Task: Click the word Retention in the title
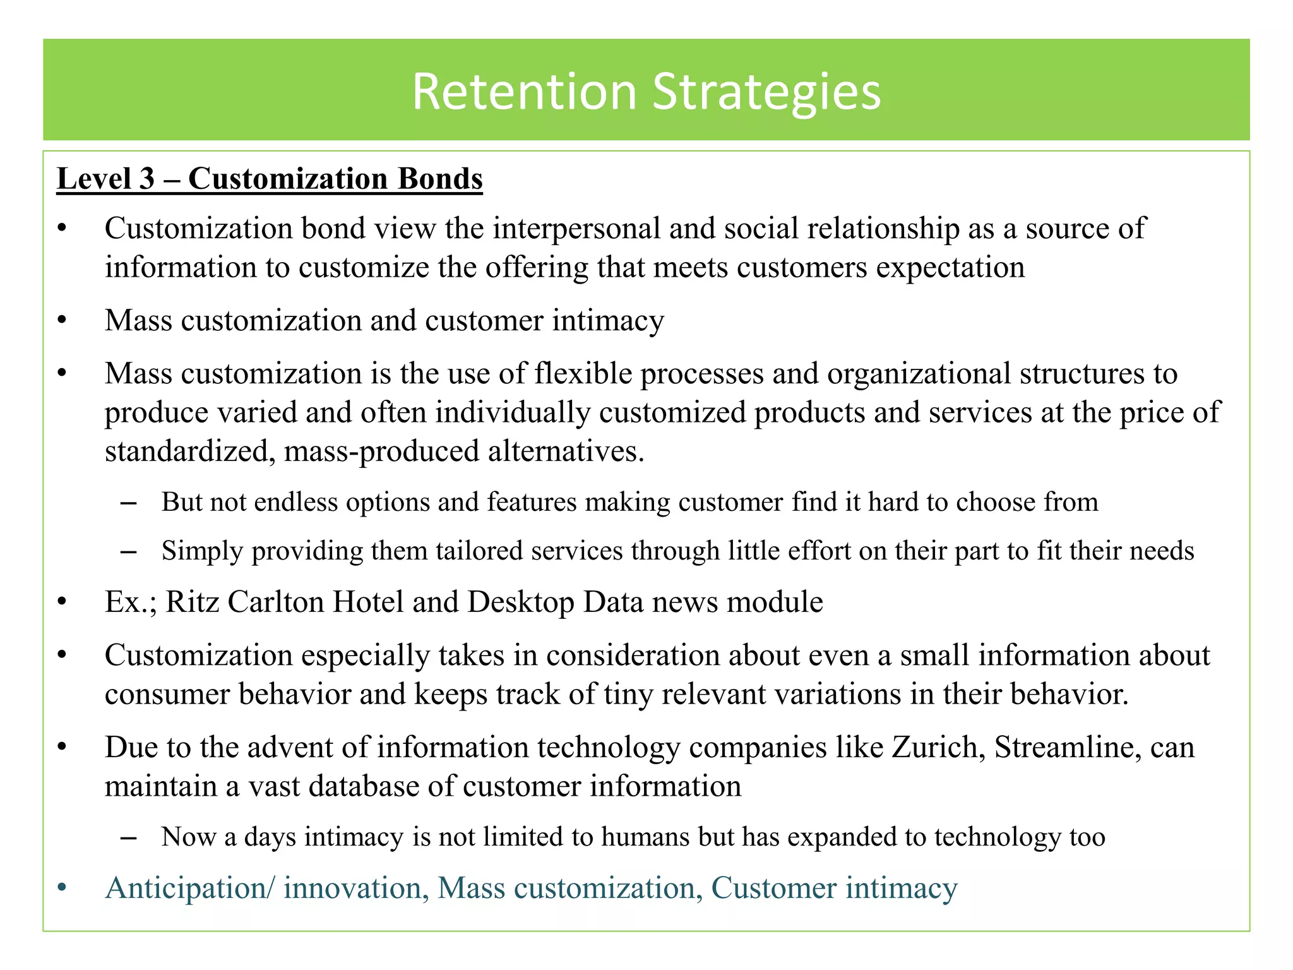pos(524,92)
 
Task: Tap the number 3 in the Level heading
pos(146,179)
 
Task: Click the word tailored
pos(479,551)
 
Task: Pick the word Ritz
pos(192,602)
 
